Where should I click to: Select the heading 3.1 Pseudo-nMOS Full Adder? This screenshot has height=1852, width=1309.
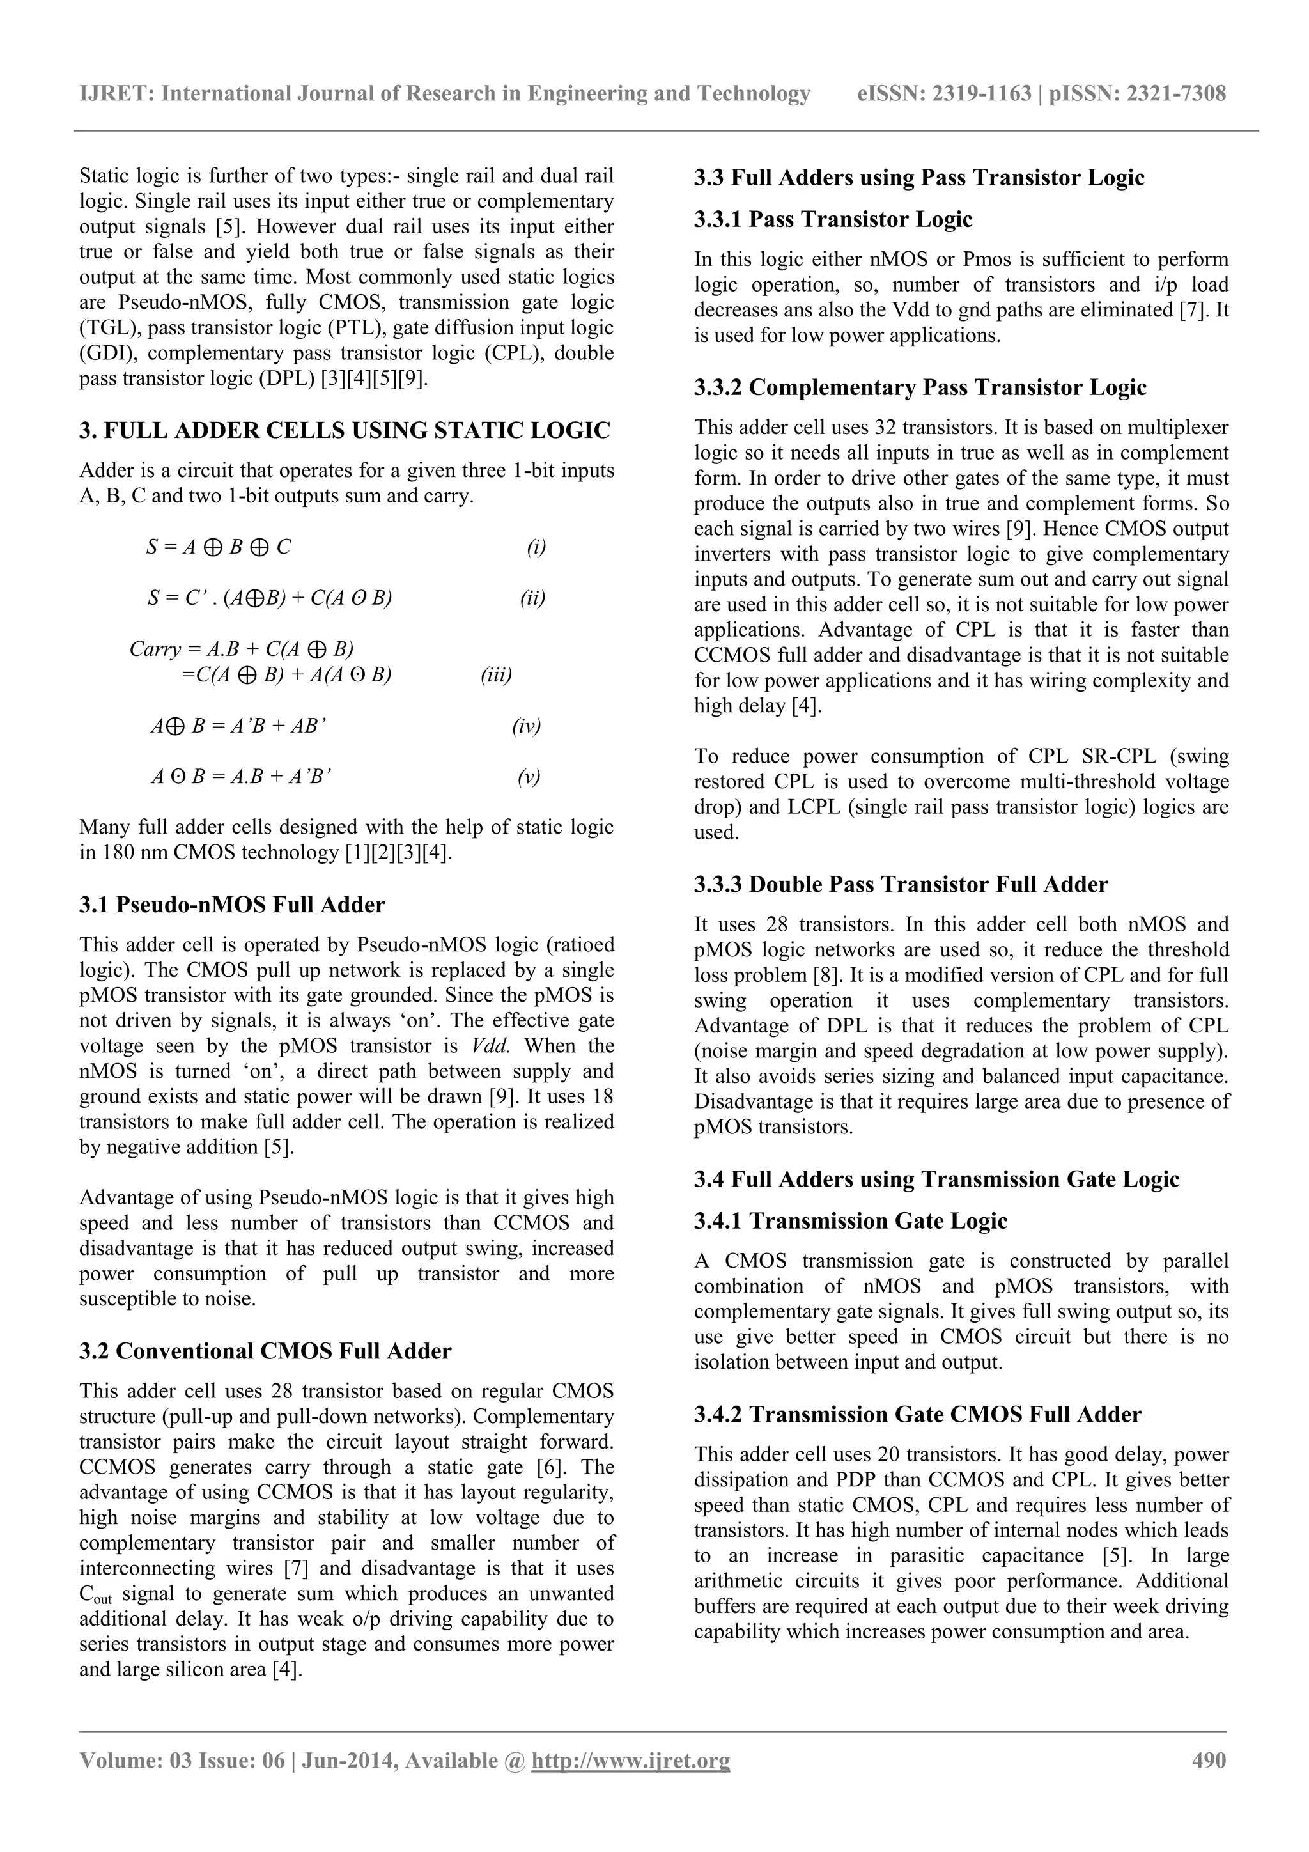232,904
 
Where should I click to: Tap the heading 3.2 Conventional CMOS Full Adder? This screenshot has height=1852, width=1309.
265,1350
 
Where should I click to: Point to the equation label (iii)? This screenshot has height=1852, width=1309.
496,674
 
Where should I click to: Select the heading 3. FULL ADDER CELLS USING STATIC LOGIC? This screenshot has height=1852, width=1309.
345,430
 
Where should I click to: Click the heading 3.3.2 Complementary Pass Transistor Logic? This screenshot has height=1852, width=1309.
920,387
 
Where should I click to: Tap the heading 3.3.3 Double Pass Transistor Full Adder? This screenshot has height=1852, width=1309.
901,884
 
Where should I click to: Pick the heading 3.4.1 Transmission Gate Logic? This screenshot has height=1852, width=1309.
851,1220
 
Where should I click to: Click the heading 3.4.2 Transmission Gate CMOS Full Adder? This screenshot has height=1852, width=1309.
918,1414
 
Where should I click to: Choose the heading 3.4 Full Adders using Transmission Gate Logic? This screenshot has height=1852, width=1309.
936,1179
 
